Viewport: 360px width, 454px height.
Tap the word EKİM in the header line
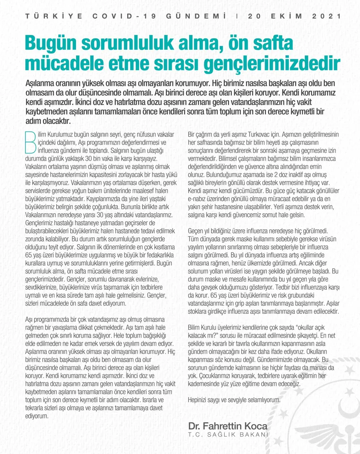click(x=289, y=16)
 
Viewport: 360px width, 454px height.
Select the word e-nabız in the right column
click(x=196, y=198)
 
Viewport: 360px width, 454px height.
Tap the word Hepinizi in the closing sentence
click(x=198, y=399)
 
